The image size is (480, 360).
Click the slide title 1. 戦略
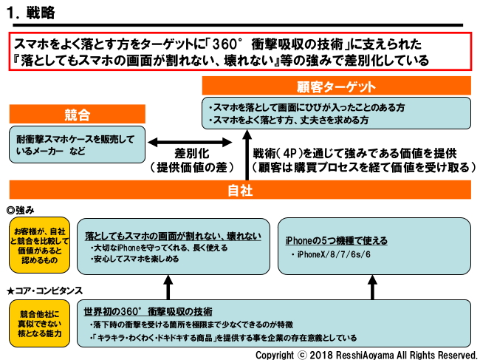coord(30,13)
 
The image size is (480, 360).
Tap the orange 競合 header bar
coord(78,115)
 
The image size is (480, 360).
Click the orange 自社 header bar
coord(241,191)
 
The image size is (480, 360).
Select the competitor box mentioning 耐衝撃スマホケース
coord(76,145)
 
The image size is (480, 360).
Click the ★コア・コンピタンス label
coord(44,290)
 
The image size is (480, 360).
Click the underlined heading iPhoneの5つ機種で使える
coord(336,241)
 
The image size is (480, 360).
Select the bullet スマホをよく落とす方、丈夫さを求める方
coord(289,120)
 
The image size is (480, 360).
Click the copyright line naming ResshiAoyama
coord(366,354)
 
